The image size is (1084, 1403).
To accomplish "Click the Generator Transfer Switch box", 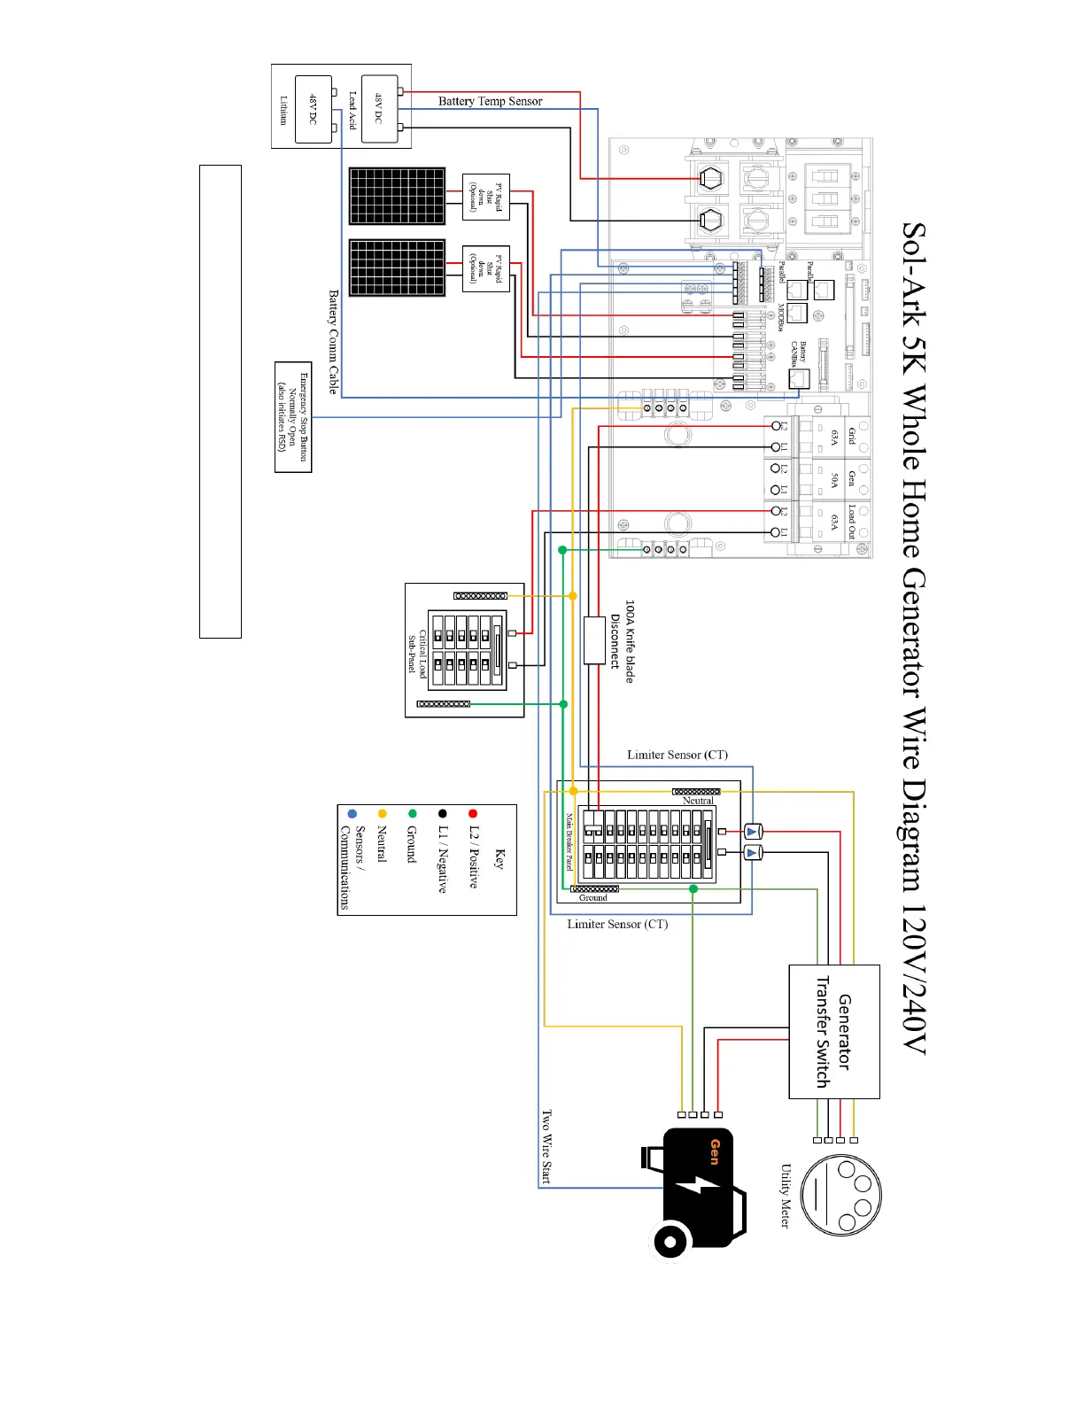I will (x=833, y=1031).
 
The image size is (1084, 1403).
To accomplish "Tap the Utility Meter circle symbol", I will (x=840, y=1195).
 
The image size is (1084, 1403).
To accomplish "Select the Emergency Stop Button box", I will (x=293, y=417).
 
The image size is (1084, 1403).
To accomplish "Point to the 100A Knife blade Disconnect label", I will (x=623, y=641).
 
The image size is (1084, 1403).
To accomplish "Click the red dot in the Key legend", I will (x=473, y=813).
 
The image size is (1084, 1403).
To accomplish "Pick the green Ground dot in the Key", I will (x=412, y=813).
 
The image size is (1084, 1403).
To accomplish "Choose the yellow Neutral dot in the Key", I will (x=382, y=813).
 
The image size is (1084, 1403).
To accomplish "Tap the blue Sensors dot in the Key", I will (x=352, y=813).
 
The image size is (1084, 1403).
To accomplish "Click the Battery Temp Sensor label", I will (x=490, y=101).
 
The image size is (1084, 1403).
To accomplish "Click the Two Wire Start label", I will (x=546, y=1146).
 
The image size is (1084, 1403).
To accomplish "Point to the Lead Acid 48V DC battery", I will (x=379, y=108).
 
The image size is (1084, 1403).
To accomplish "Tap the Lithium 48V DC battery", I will (x=313, y=109).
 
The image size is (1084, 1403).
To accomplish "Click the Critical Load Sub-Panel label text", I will (x=417, y=654).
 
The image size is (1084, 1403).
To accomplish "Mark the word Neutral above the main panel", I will (x=698, y=801).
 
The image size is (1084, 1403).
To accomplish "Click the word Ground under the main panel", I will (x=593, y=898).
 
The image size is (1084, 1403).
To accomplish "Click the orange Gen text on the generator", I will (x=715, y=1151).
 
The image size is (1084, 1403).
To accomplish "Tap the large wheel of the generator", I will (x=671, y=1241).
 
